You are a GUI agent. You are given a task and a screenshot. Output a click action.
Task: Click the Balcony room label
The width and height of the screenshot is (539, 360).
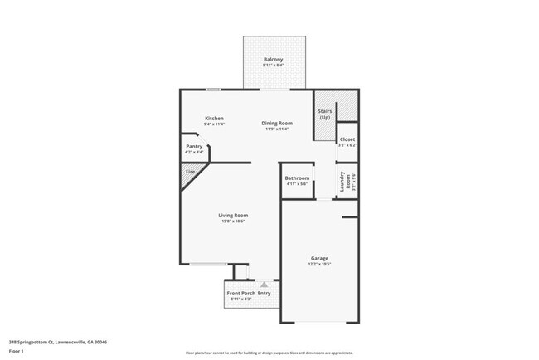coord(273,60)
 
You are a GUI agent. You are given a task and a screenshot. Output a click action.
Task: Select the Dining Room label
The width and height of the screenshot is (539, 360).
coord(277,123)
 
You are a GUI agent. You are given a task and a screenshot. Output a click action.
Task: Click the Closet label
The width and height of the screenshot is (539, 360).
coord(347,139)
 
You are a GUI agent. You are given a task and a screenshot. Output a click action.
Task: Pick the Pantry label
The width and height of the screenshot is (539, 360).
coord(193,146)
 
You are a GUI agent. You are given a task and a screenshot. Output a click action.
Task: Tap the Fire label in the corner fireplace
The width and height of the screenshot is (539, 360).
coord(190,172)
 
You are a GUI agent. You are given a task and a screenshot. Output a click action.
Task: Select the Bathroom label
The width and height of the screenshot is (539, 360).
coord(297,178)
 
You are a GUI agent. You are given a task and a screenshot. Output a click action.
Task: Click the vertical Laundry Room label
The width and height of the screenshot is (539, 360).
coord(341,180)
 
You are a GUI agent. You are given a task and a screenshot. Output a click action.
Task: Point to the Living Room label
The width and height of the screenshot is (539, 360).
coord(235,215)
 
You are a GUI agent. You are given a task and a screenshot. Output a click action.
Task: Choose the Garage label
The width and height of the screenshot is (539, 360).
coord(320,258)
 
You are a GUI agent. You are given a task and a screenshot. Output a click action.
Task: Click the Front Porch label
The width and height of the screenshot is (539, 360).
coord(240,293)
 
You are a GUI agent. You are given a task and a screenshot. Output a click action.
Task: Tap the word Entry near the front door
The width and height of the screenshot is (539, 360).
coord(265,293)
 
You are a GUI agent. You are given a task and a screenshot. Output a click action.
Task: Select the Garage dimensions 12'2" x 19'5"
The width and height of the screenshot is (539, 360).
coord(320,264)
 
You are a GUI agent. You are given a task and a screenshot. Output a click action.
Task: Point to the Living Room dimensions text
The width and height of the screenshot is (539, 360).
coord(235,221)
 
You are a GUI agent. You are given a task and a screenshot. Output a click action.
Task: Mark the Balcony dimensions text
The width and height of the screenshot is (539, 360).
coord(273,66)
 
